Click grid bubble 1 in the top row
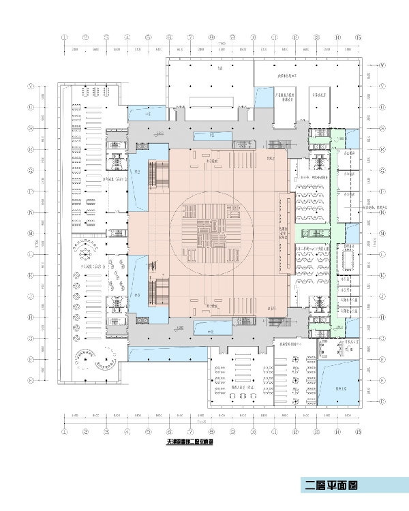pos(64,37)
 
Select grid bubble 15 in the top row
pos(357,37)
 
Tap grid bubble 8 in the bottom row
pos(211,431)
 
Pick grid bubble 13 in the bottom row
pos(316,431)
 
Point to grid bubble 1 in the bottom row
pos(64,431)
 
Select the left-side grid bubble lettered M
pos(31,233)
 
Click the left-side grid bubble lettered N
pos(31,212)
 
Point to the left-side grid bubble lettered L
pos(31,254)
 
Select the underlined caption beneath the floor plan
pos(190,442)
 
